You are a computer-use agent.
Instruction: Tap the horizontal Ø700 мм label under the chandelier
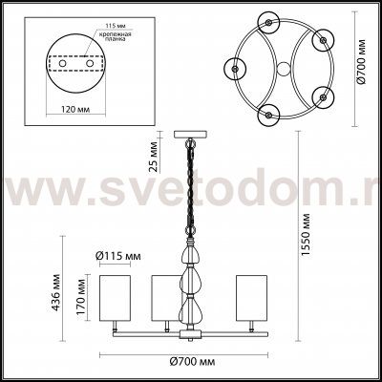(x=190, y=360)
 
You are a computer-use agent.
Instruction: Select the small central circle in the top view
(x=283, y=70)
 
